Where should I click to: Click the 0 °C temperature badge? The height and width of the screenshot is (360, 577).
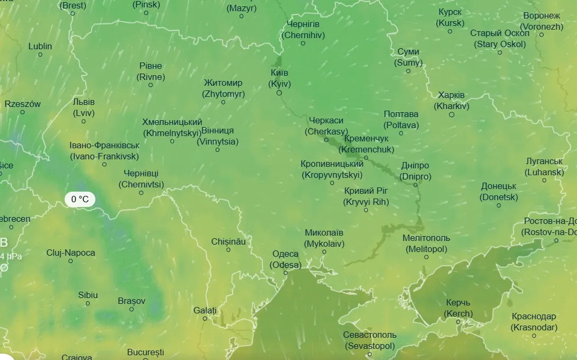pos(80,200)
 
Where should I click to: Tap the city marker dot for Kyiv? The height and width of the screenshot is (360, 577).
pos(279,93)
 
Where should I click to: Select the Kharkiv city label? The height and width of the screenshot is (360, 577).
pos(451,101)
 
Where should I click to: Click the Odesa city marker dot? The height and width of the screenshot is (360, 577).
pos(286,273)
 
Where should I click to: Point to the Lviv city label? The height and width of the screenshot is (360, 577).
pos(84,107)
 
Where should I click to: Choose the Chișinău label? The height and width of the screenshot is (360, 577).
pos(228,241)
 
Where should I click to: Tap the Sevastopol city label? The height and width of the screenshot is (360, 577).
pos(370,340)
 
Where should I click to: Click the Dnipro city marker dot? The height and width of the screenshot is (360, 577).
pos(415,185)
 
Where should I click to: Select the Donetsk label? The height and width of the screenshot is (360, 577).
pos(499,192)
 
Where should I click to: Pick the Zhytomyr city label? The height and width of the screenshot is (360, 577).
pos(223,88)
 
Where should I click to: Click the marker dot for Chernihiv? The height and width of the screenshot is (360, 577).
pos(303,43)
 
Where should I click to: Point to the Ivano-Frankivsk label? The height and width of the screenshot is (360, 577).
pos(104,151)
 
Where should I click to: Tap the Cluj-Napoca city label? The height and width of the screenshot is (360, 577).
pos(70,253)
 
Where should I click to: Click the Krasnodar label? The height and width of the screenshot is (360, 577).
pos(534,322)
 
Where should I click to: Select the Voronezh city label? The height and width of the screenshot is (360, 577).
pos(542,21)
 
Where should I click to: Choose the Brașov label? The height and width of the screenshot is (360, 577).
pos(131,301)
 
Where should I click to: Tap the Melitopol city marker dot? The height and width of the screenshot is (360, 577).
pos(426,257)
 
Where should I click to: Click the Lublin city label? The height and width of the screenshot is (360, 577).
pos(40,46)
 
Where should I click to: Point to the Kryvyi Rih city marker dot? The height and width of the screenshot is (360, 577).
pos(366,210)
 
